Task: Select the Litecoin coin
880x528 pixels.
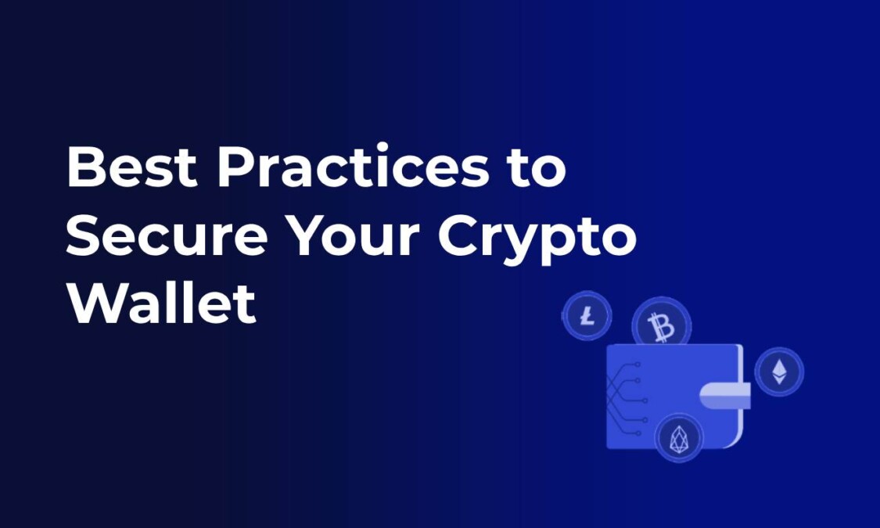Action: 586,316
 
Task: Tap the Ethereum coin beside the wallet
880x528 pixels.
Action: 779,372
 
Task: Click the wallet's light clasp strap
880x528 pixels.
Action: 725,396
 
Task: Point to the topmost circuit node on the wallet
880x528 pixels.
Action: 638,365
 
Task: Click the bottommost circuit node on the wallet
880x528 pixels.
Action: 639,433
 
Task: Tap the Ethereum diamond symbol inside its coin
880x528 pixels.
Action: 779,372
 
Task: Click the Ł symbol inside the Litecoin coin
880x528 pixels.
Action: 586,316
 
